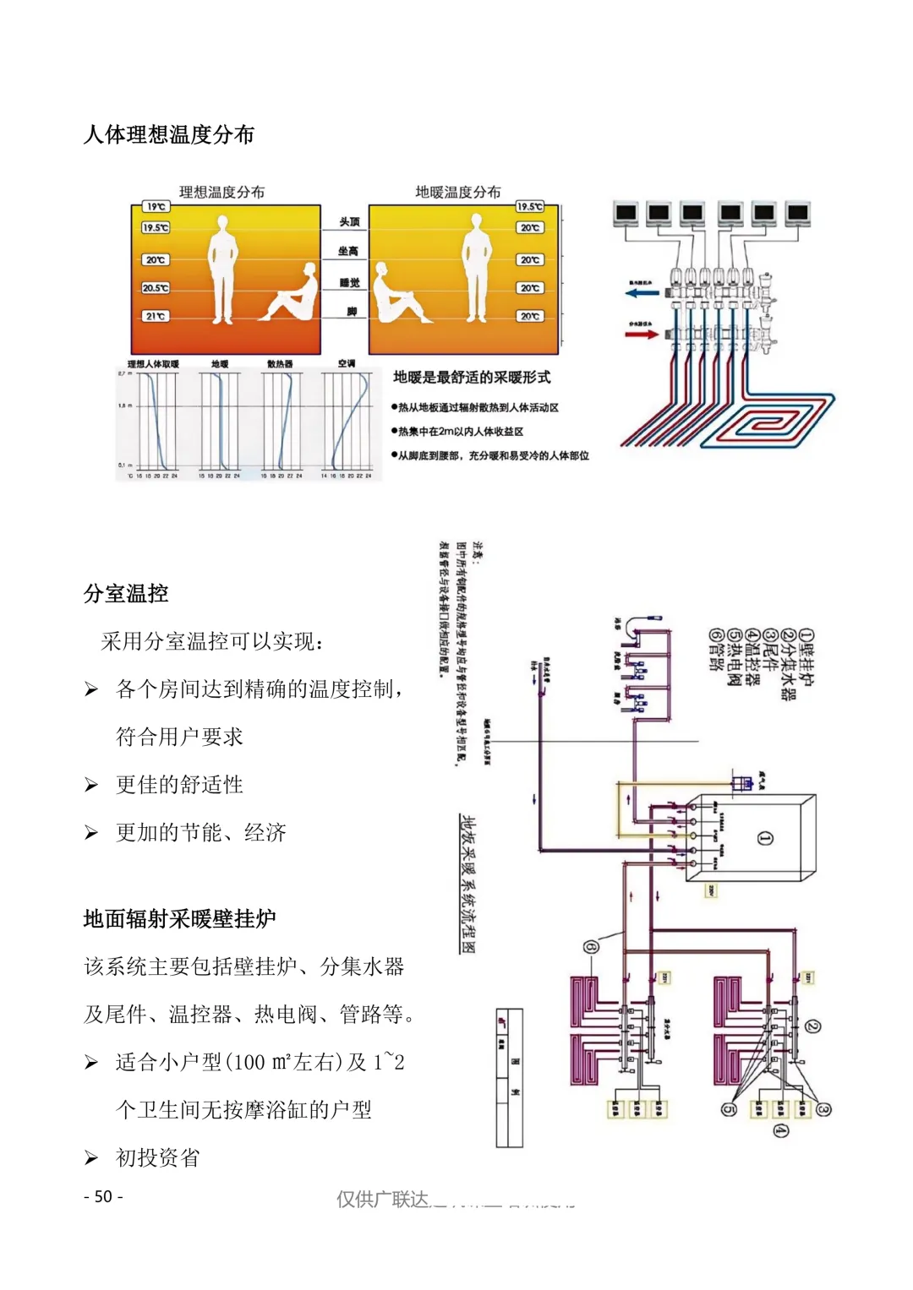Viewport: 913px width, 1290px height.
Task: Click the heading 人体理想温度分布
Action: coord(169,135)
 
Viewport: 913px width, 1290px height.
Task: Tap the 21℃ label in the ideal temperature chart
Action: coord(156,316)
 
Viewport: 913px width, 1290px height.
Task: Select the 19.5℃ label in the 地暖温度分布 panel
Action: coord(529,206)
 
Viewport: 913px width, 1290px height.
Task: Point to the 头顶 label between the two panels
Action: coord(349,221)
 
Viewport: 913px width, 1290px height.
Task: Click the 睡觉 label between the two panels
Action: coord(349,283)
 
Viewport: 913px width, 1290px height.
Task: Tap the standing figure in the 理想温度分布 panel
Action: coord(222,268)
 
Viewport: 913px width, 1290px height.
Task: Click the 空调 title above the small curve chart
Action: coord(347,363)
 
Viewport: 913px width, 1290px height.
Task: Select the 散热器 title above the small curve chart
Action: coord(280,364)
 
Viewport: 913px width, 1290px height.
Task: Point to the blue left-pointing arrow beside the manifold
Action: coord(642,293)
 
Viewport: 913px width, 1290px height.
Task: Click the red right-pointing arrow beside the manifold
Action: coord(642,334)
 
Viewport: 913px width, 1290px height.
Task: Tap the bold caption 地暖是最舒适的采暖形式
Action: coord(472,377)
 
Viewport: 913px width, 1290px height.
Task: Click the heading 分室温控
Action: coord(126,594)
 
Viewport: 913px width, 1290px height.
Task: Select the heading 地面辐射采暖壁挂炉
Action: coord(180,919)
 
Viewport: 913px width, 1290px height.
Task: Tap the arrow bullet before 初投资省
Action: coord(91,1158)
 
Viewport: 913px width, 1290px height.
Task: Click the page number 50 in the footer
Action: coord(103,1197)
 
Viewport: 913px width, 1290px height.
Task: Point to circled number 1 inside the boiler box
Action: coord(765,838)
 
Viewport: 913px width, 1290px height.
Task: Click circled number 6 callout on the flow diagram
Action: coord(590,947)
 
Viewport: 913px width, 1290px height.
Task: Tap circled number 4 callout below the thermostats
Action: coord(780,1130)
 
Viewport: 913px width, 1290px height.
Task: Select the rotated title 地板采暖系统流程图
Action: coord(467,884)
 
